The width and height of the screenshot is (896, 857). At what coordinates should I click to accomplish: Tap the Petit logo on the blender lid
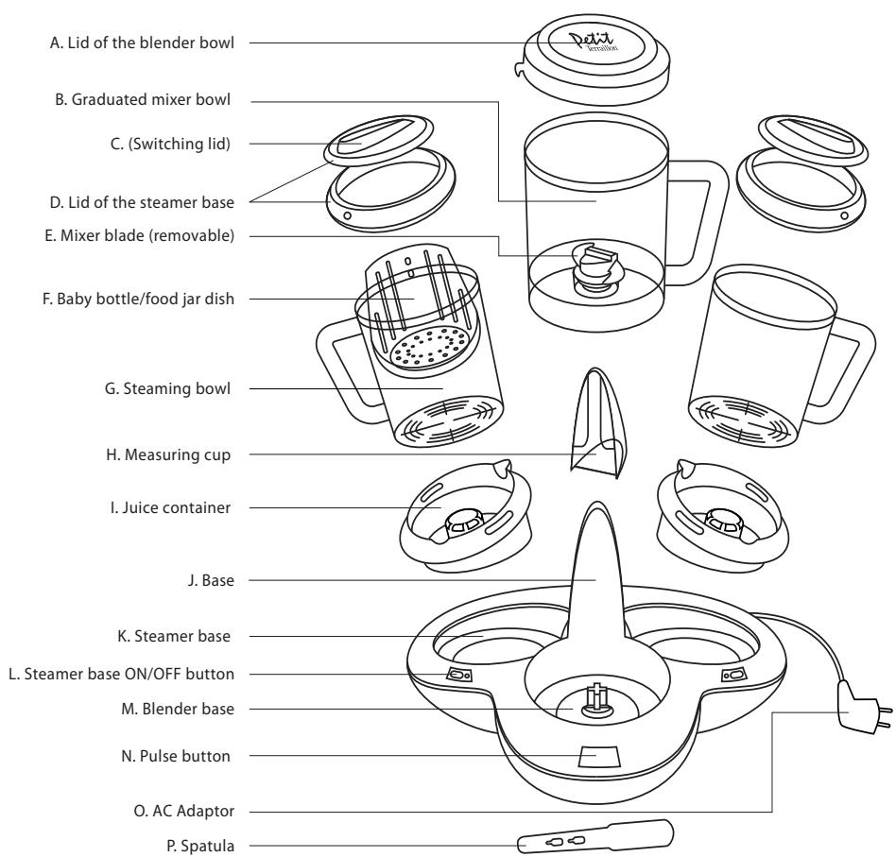pyautogui.click(x=589, y=43)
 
